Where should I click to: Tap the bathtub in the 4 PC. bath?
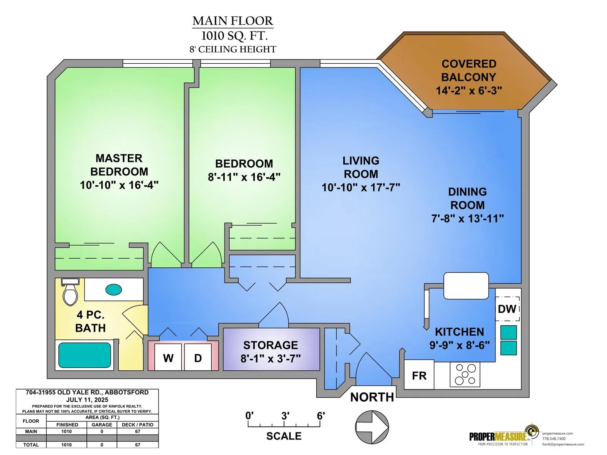(x=85, y=355)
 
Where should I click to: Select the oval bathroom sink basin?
(x=114, y=290)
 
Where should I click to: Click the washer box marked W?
(x=168, y=357)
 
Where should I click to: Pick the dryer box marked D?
(x=198, y=357)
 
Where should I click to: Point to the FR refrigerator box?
(x=419, y=374)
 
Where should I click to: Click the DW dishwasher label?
(x=507, y=309)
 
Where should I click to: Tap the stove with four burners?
(x=465, y=374)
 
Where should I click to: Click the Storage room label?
(x=270, y=345)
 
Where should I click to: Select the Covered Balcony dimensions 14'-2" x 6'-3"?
(x=469, y=90)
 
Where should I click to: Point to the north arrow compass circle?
(x=372, y=427)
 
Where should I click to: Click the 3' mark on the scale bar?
(x=285, y=416)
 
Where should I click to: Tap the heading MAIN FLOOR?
(x=233, y=21)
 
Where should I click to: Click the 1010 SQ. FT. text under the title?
(x=234, y=36)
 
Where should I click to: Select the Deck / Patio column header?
(x=137, y=425)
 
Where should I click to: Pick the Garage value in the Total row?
(x=102, y=445)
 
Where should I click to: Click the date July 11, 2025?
(x=87, y=400)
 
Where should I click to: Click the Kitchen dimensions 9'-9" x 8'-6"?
(x=459, y=345)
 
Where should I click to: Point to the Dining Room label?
(x=467, y=198)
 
